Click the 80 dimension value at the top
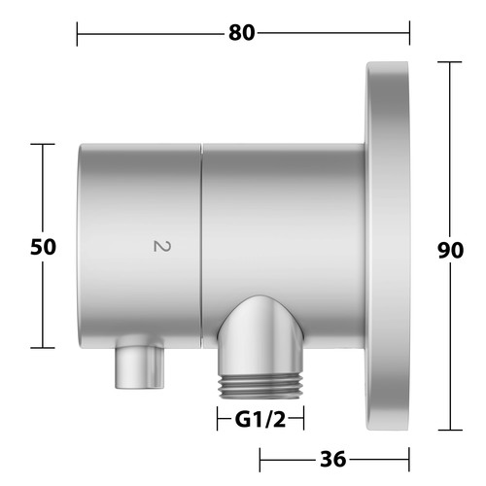pyautogui.click(x=241, y=33)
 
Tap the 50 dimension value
pyautogui.click(x=43, y=247)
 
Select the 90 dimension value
pyautogui.click(x=450, y=250)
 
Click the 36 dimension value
pyautogui.click(x=333, y=459)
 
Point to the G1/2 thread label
pyautogui.click(x=260, y=420)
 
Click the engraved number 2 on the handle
pyautogui.click(x=161, y=246)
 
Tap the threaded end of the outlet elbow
pyautogui.click(x=260, y=387)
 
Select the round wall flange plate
pyautogui.click(x=387, y=246)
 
